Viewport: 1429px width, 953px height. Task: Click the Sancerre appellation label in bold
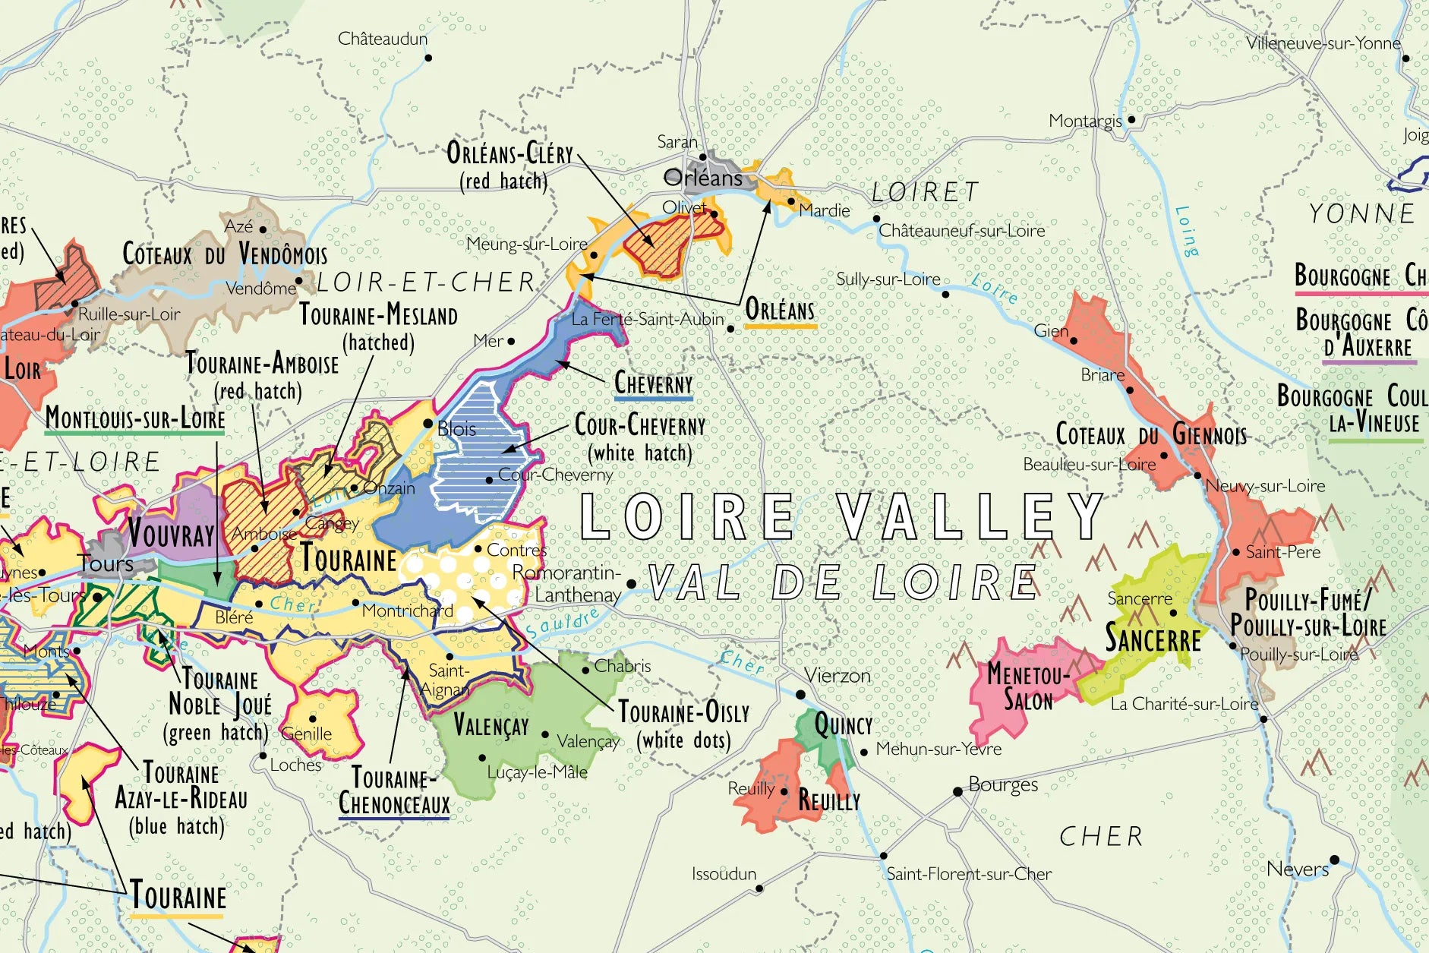[x=1153, y=637]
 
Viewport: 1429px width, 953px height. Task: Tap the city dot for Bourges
[x=958, y=792]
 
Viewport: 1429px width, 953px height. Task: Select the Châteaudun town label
[x=382, y=39]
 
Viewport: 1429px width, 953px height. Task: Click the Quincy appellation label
[x=843, y=725]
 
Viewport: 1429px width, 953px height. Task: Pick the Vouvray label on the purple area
[x=171, y=533]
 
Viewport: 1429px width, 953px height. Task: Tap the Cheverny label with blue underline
[x=653, y=383]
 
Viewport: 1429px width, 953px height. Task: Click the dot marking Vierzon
[x=800, y=695]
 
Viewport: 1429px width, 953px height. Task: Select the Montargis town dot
[x=1131, y=119]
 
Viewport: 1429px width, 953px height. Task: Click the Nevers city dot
[x=1334, y=860]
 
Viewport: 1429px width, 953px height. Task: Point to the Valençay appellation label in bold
[x=491, y=724]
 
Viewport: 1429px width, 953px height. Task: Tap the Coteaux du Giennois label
[x=1150, y=434]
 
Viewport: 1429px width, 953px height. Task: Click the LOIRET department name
[x=925, y=192]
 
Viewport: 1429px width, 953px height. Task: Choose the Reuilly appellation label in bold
[x=828, y=800]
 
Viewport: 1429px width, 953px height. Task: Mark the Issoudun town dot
[x=759, y=888]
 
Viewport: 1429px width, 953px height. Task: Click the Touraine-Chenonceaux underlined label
[x=394, y=791]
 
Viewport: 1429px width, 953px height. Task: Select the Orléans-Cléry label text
[x=509, y=154]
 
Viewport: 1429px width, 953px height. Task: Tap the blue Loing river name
[x=1186, y=231]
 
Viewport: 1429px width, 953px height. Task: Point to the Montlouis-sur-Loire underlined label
[x=135, y=418]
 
